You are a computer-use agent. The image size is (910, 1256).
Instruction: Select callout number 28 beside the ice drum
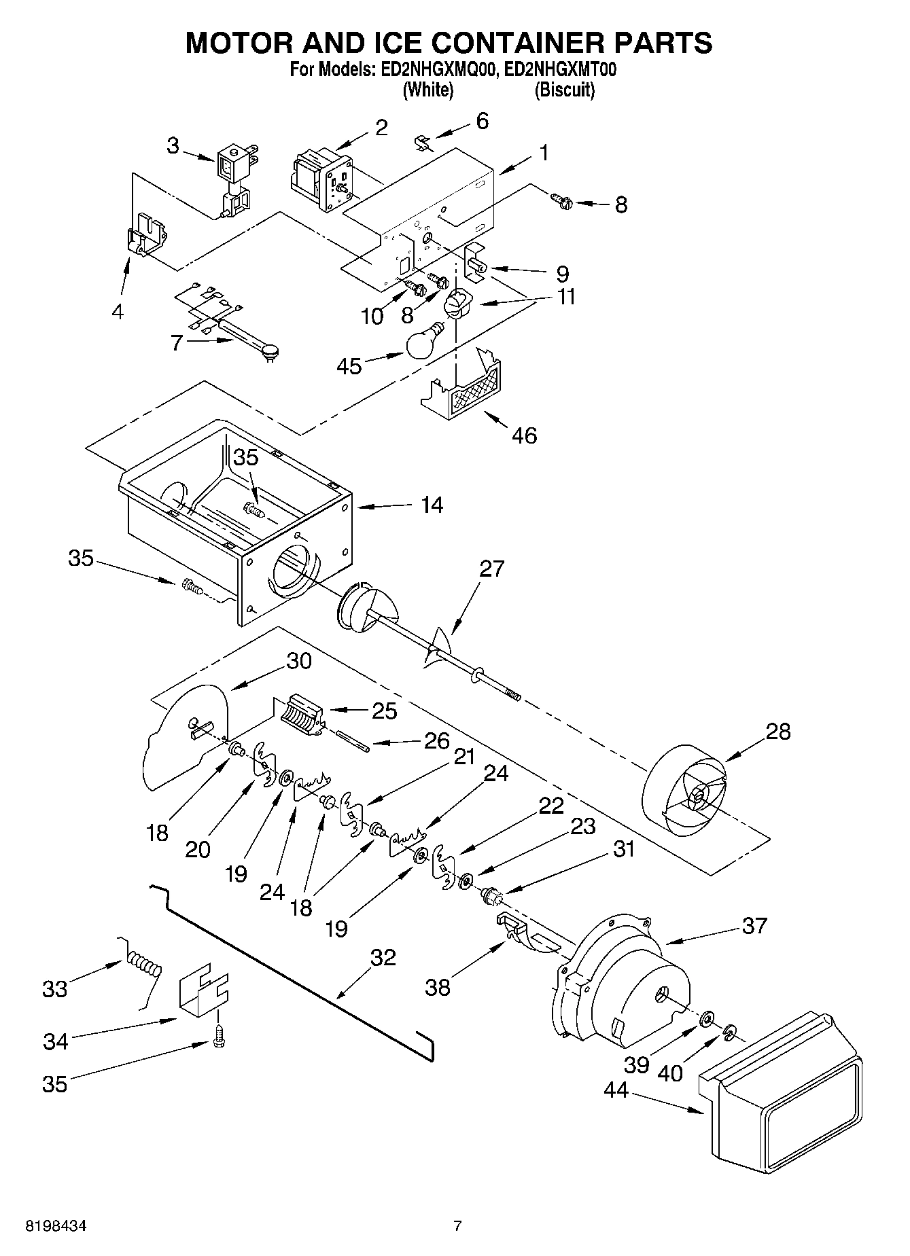[778, 732]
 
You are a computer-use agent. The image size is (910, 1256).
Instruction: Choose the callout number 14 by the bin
[432, 505]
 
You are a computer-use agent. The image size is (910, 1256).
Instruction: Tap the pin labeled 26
[352, 740]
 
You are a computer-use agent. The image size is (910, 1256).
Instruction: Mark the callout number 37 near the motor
[754, 925]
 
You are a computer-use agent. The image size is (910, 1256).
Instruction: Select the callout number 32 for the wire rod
[383, 957]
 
